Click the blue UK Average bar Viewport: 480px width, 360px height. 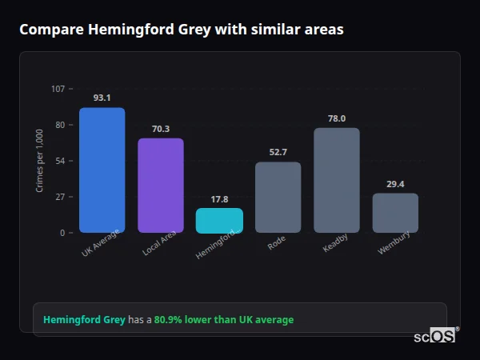coord(102,170)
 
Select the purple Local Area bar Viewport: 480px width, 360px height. coord(161,185)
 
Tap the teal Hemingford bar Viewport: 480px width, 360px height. coord(219,220)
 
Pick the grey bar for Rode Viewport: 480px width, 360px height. coord(278,197)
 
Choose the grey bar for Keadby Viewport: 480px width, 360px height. coord(337,180)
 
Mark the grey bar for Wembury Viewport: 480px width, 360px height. coord(395,212)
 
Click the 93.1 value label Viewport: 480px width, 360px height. coord(102,98)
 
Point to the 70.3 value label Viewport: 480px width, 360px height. coord(161,129)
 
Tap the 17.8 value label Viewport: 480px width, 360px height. coord(219,199)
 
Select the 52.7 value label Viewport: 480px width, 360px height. coord(278,152)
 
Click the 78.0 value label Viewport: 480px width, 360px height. coord(337,118)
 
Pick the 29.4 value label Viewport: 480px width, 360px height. coord(395,184)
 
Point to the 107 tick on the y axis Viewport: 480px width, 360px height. coord(58,88)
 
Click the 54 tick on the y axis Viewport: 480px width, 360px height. coord(60,161)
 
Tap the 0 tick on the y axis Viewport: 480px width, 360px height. coord(62,233)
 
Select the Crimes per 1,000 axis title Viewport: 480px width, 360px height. coord(40,160)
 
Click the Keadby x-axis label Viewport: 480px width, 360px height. coord(334,243)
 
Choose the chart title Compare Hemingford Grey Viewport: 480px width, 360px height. coord(182,30)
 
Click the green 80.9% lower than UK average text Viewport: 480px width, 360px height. coord(224,319)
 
